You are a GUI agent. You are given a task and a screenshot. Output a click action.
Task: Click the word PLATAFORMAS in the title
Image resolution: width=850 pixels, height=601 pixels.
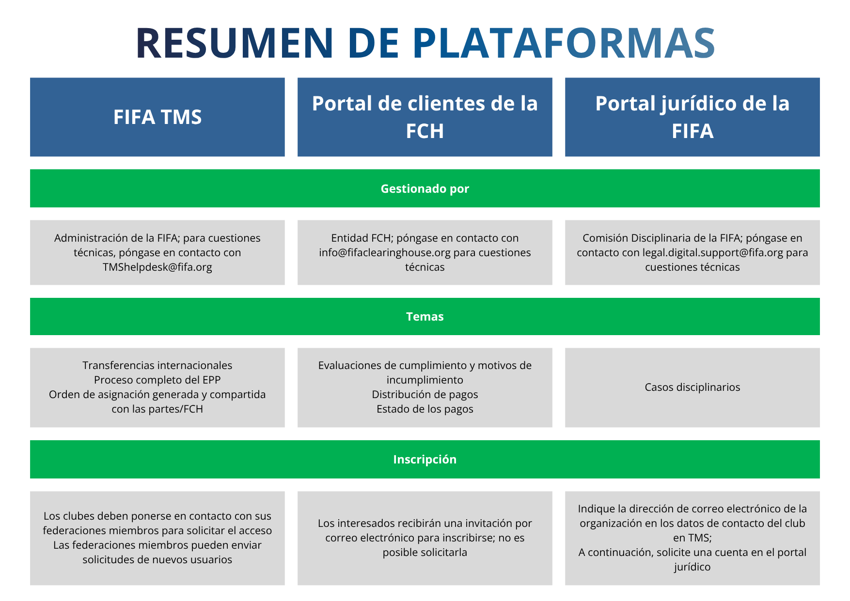[x=564, y=44]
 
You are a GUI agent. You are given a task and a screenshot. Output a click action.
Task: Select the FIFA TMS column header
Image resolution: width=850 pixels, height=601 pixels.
[x=157, y=117]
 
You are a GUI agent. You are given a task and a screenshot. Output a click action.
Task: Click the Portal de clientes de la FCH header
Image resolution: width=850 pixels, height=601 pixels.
[x=425, y=117]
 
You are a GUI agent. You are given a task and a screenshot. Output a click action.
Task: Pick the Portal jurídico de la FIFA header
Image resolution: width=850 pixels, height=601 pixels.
[x=692, y=117]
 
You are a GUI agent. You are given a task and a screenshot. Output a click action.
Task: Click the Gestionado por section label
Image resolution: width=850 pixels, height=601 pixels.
[x=425, y=189]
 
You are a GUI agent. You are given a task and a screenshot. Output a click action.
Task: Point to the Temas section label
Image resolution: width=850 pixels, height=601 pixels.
[x=425, y=317]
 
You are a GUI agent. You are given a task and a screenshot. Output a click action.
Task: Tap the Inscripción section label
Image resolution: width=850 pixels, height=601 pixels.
[x=425, y=460]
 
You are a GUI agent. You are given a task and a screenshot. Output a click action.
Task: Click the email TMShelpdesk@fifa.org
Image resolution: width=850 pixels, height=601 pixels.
[x=157, y=267]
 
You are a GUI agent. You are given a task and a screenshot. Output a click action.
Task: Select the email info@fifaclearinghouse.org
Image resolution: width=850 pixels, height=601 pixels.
[x=385, y=253]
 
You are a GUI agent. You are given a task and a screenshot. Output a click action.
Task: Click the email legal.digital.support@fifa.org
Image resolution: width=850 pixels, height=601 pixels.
[x=712, y=253]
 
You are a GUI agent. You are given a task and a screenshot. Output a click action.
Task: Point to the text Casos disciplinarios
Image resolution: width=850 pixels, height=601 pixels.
[x=692, y=387]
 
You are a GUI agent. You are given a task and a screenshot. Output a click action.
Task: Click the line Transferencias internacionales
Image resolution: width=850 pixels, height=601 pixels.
[x=157, y=366]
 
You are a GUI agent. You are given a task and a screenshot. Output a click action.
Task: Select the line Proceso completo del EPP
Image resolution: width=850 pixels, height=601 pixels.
[x=157, y=380]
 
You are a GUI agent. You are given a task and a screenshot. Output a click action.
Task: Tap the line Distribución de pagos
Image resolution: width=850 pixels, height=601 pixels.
[x=425, y=395]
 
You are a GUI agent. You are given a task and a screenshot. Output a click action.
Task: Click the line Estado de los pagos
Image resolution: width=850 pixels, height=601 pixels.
[x=425, y=409]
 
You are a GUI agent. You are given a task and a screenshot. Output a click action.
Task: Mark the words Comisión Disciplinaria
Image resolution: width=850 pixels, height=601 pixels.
[x=630, y=238]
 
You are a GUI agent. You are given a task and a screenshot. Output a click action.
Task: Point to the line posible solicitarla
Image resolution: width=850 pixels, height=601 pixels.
[x=425, y=553]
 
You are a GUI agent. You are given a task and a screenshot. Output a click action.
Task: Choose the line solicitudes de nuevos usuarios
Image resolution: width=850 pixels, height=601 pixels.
[x=157, y=560]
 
